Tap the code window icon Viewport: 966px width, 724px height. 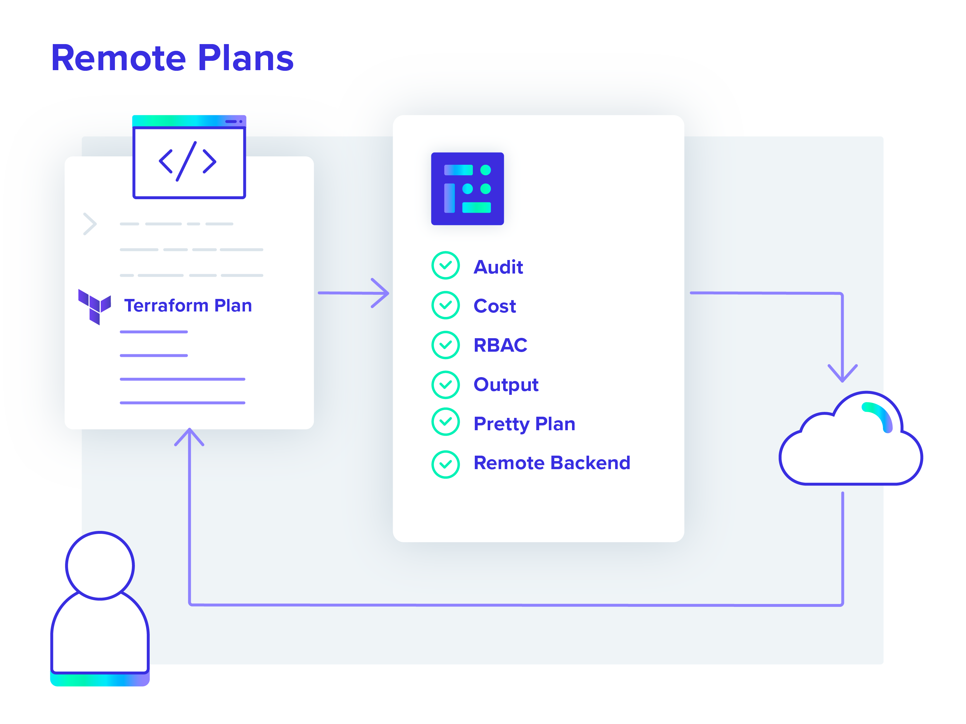(189, 157)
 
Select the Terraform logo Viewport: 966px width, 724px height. (94, 306)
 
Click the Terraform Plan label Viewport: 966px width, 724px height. (188, 306)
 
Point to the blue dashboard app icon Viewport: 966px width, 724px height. (467, 189)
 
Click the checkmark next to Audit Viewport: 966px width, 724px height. (445, 265)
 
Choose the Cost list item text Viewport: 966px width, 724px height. (495, 306)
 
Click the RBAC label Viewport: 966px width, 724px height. (501, 345)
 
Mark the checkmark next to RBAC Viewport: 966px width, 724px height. (445, 345)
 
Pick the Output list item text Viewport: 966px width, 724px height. (506, 385)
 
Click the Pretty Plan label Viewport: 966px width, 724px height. (524, 424)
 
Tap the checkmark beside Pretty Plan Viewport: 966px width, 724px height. (445, 422)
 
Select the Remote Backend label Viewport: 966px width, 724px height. (552, 463)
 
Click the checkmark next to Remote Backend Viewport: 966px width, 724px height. (445, 465)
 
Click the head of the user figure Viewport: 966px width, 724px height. (100, 565)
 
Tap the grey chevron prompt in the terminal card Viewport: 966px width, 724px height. (89, 224)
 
